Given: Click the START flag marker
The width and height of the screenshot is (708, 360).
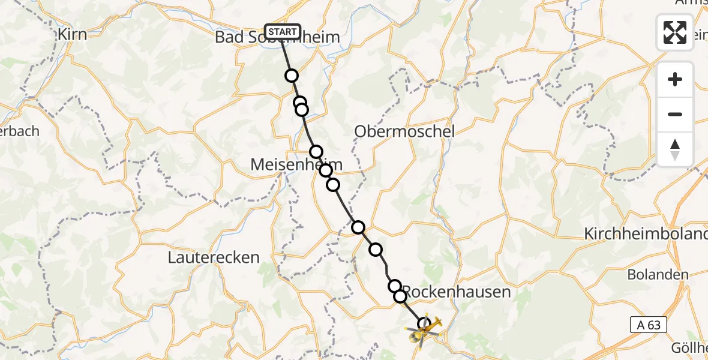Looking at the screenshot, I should click(282, 32).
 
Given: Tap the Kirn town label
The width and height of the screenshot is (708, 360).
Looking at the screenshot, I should click(72, 34).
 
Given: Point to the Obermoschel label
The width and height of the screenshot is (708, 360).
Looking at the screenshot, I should click(404, 131).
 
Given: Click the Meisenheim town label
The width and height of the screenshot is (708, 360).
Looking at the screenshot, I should click(288, 164).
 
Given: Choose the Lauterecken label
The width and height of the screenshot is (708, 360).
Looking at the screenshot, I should click(214, 257).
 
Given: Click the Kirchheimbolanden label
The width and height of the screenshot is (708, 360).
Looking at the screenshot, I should click(646, 234).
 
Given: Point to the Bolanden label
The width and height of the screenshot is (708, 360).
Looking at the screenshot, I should click(658, 275).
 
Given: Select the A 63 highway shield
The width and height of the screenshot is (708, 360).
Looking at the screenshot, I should click(649, 325).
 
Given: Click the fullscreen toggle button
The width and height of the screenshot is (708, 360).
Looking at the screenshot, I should click(675, 32).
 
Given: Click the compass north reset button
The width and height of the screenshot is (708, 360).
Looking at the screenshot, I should click(675, 149).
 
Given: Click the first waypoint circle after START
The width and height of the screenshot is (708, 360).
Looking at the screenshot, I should click(292, 76).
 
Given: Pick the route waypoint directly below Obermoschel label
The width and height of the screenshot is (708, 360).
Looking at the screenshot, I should click(358, 227).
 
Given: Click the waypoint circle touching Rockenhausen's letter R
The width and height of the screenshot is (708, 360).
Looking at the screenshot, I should click(400, 296).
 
